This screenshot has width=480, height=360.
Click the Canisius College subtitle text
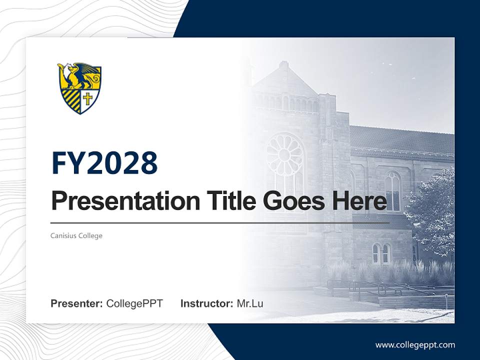pos(76,235)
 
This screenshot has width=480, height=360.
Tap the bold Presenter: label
pos(77,303)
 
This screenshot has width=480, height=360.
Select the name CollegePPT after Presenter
pos(134,303)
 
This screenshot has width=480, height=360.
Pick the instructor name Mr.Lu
pos(250,303)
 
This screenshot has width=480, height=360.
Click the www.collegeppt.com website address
pos(415,344)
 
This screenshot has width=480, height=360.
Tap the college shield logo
pos(79,88)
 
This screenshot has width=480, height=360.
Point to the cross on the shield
pos(88,98)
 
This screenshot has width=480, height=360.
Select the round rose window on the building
pos(285,155)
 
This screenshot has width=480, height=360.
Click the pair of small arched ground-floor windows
pos(381,253)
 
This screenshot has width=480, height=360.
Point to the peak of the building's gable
pos(283,65)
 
